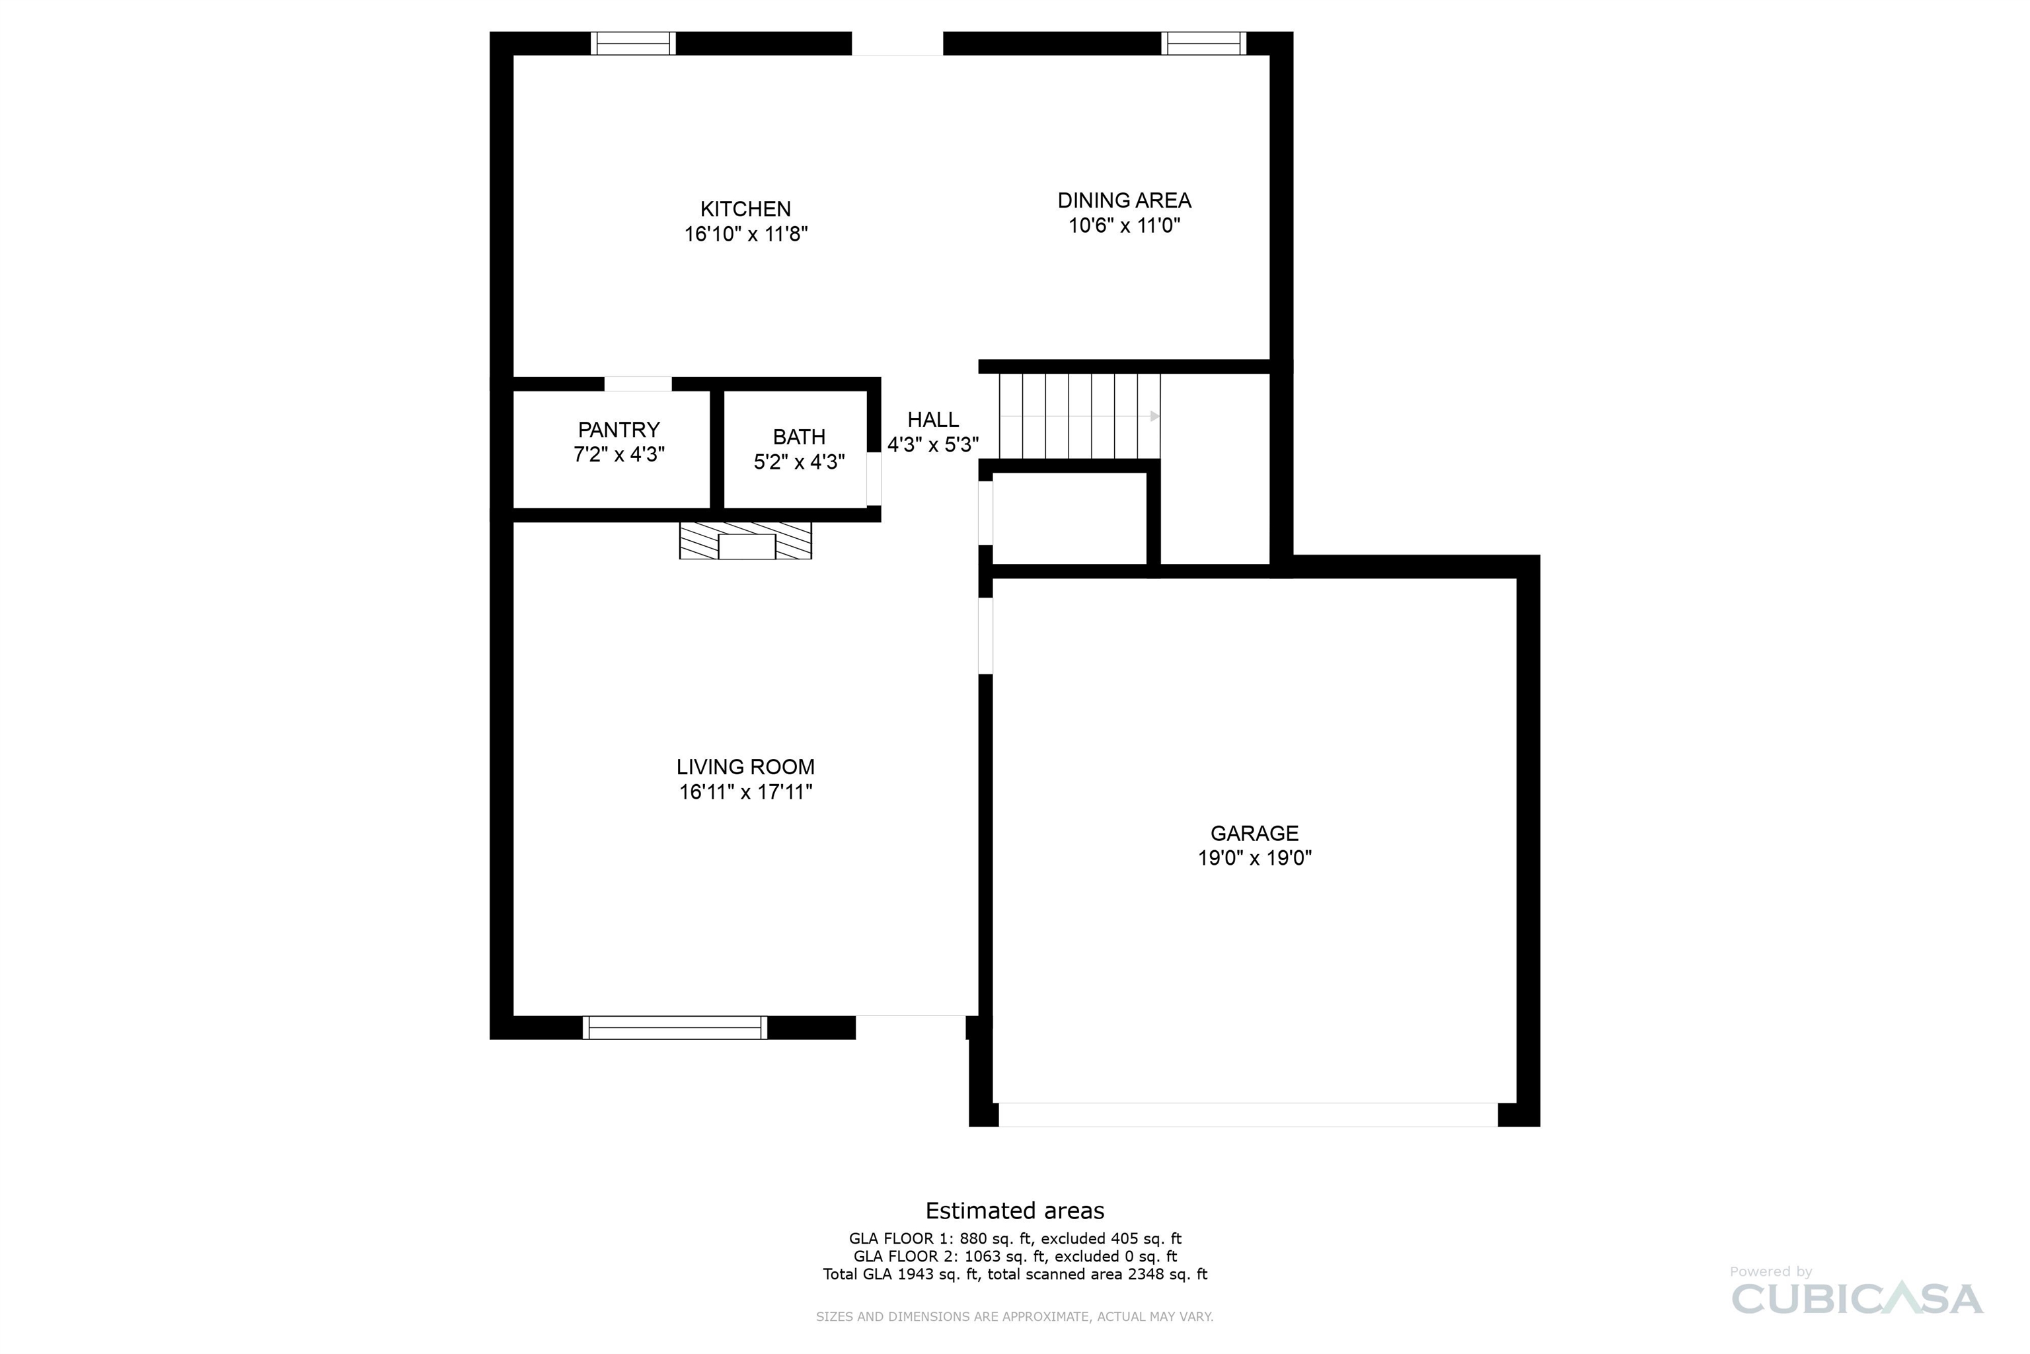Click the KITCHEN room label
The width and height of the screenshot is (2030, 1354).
coord(745,209)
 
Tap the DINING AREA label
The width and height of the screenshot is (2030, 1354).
coord(1125,200)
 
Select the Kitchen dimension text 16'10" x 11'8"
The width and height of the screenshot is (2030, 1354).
coord(745,234)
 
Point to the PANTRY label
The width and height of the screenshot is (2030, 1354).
coord(619,430)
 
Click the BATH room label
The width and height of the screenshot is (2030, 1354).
coord(799,437)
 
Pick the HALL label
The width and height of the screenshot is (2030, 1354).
coord(933,420)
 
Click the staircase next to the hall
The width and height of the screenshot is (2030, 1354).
coord(1080,417)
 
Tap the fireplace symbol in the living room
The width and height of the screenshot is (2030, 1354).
coord(745,541)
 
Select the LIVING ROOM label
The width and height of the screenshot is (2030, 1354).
coord(745,767)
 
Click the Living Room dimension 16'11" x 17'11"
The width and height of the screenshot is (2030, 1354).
coord(745,792)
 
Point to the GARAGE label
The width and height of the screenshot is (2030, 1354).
coord(1254,833)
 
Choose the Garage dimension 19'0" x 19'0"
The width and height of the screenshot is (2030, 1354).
coord(1254,858)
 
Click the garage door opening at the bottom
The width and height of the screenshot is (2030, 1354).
coord(1248,1115)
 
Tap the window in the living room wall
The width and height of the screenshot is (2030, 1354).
coord(675,1027)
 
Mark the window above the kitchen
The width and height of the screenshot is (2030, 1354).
coord(634,43)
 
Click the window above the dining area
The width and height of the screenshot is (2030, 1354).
coord(1204,43)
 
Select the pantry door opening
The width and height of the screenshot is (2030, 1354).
coord(638,384)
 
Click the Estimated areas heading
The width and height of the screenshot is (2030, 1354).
coord(1015,1211)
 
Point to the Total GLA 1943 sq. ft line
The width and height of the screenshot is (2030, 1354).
coord(1015,1275)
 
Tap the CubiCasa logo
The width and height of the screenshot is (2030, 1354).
coord(1856,1292)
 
